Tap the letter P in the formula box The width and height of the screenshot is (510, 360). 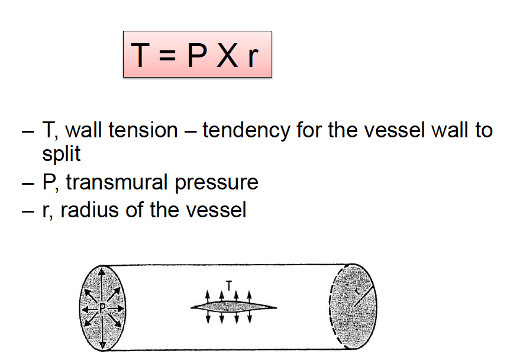[x=196, y=55]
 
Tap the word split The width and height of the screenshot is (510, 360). [x=61, y=154]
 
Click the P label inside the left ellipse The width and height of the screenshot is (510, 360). [x=102, y=307]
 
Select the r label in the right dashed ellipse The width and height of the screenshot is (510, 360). [x=357, y=291]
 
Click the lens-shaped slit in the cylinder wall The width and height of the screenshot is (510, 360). [x=233, y=306]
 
